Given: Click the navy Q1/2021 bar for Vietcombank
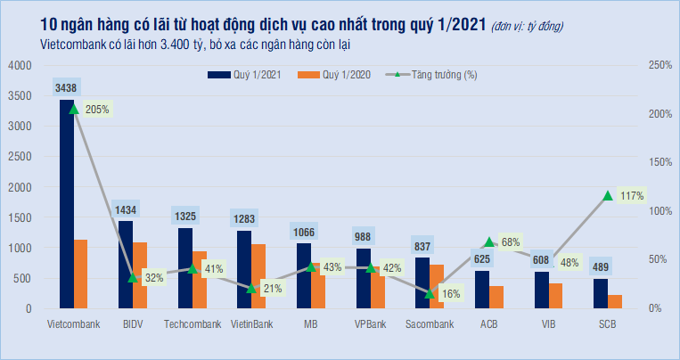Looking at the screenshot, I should [x=66, y=205].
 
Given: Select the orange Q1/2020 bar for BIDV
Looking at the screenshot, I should [x=140, y=275].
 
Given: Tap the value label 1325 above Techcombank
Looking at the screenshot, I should [x=184, y=216].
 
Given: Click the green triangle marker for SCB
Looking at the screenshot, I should [x=608, y=195].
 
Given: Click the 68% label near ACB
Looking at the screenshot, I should [x=511, y=241].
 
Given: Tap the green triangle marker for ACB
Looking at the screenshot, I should [x=489, y=242].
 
